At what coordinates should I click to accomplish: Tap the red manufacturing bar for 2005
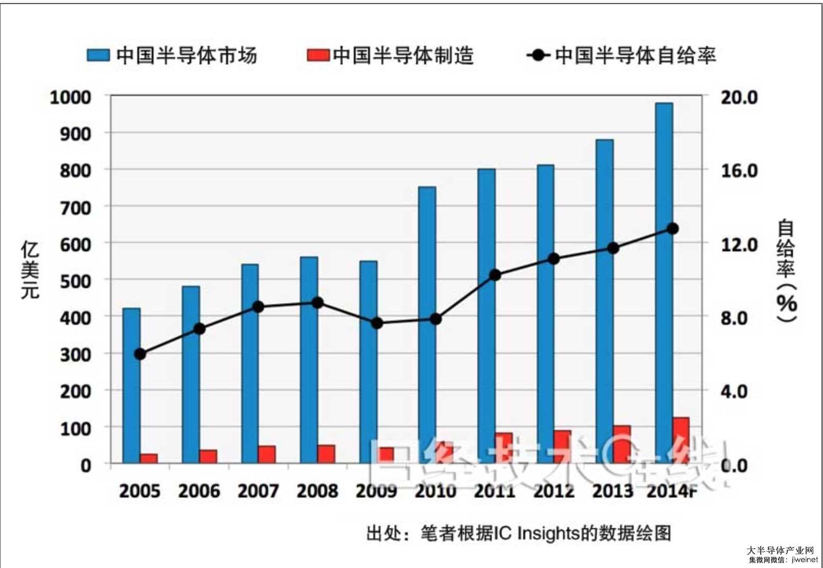pos(149,458)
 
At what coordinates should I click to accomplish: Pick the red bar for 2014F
pos(681,440)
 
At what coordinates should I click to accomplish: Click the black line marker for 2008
pos(318,302)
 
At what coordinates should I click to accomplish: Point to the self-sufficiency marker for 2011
pos(495,275)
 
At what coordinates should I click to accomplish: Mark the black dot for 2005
pos(140,354)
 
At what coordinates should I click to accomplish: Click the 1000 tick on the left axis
pos(70,97)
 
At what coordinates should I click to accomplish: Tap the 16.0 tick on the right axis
pos(739,171)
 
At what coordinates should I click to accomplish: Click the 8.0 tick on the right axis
pos(734,318)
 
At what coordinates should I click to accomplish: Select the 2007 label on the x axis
pos(258,491)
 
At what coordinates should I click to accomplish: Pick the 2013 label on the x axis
pos(613,491)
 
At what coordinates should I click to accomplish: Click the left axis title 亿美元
pos(30,270)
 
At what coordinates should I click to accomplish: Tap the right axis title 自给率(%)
pos(786,271)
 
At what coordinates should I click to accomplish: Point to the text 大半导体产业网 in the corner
pos(780,550)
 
